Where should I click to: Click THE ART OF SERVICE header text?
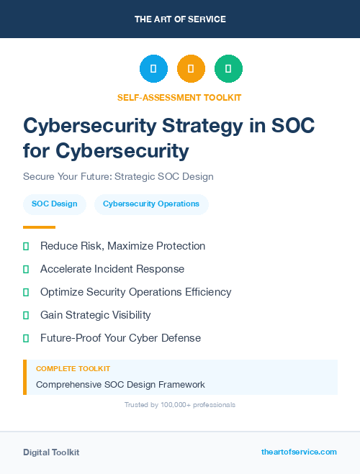point(180,19)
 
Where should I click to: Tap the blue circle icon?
point(153,69)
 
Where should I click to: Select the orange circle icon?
point(191,69)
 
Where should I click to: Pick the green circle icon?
point(228,69)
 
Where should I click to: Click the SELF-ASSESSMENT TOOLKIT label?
point(180,97)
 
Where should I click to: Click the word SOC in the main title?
point(292,126)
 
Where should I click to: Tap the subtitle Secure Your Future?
point(118,176)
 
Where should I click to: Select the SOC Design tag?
point(55,204)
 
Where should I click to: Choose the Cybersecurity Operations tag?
point(151,204)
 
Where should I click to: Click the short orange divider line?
point(39,227)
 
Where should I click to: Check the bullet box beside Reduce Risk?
point(26,247)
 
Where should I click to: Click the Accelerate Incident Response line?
point(112,269)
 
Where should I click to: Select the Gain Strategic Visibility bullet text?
point(96,315)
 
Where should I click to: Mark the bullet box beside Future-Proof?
point(26,338)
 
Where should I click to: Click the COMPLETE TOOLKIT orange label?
point(68,368)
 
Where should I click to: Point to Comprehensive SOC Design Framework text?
point(120,384)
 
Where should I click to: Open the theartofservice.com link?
point(299,452)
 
